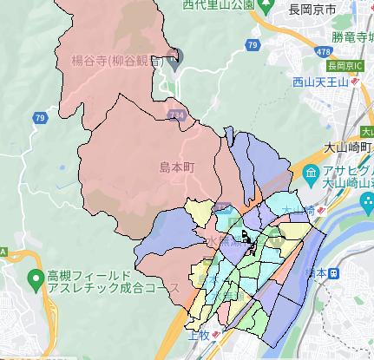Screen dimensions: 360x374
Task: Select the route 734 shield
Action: (x=177, y=114)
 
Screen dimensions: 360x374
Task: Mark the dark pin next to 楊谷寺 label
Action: (x=174, y=62)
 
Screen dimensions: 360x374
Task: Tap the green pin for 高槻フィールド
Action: (x=35, y=279)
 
